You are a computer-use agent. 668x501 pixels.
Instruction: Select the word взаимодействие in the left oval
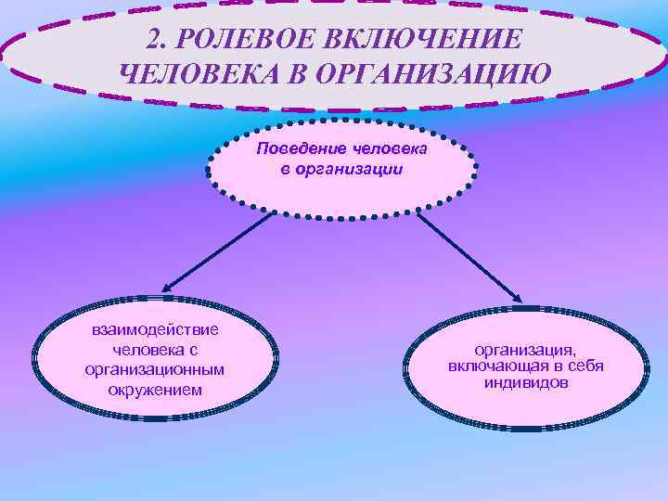coord(154,331)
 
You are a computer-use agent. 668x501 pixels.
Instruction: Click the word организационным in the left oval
coord(154,369)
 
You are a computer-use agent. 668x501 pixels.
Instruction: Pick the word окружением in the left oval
coord(154,389)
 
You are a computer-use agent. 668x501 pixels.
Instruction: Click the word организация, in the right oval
coord(525,350)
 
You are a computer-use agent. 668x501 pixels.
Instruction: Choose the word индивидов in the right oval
coord(525,383)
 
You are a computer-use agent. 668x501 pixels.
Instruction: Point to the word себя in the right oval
coord(585,366)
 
